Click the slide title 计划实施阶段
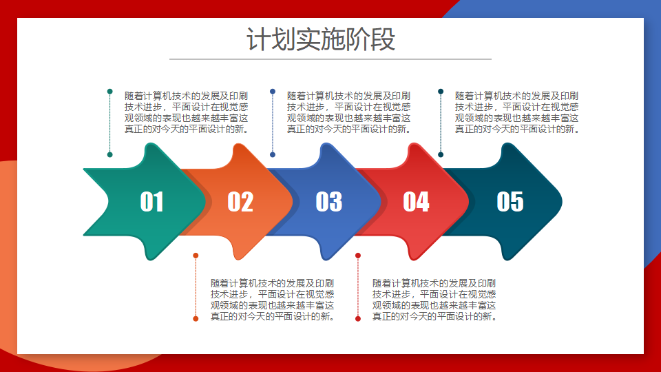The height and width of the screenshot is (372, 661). pos(321,39)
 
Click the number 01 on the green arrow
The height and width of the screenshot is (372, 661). pos(151,202)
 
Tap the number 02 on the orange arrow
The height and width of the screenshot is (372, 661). pos(240,202)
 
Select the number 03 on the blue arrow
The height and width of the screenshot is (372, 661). pos(329,202)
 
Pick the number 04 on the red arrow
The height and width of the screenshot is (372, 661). pos(416,202)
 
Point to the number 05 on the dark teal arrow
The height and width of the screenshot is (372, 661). pos(510,202)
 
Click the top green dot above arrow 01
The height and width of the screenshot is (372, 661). pos(110,92)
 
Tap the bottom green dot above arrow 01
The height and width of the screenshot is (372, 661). pos(110,155)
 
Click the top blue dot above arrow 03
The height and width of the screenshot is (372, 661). pos(273,92)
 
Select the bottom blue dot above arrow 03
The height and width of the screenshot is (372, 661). pos(273,155)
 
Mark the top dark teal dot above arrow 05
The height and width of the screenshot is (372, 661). pos(441,92)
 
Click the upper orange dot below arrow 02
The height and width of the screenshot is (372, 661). pos(196,256)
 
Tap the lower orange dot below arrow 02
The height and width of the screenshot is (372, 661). pos(196,319)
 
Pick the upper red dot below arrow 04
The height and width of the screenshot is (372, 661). pos(358,256)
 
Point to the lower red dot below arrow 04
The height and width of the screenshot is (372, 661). pos(358,319)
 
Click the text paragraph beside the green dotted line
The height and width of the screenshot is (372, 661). pos(187,112)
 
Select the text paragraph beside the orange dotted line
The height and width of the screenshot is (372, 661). pos(273,300)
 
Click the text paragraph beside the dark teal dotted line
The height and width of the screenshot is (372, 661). pos(517,112)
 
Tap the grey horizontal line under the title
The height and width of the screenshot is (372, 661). pos(330,59)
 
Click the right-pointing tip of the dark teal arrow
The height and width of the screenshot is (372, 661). pos(562,202)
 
